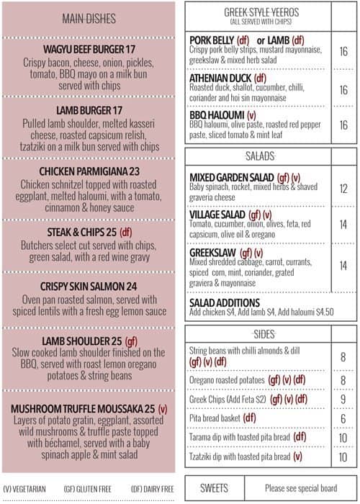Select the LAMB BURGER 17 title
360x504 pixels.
click(89, 111)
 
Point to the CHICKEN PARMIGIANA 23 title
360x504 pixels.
click(89, 171)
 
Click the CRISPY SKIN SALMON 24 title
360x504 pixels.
click(89, 285)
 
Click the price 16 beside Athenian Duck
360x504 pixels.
click(343, 90)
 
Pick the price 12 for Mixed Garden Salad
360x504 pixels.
click(343, 188)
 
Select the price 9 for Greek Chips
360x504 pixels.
click(343, 399)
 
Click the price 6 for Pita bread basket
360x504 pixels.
click(343, 418)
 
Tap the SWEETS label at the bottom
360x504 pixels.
click(214, 487)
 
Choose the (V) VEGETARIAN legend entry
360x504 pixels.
click(25, 489)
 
